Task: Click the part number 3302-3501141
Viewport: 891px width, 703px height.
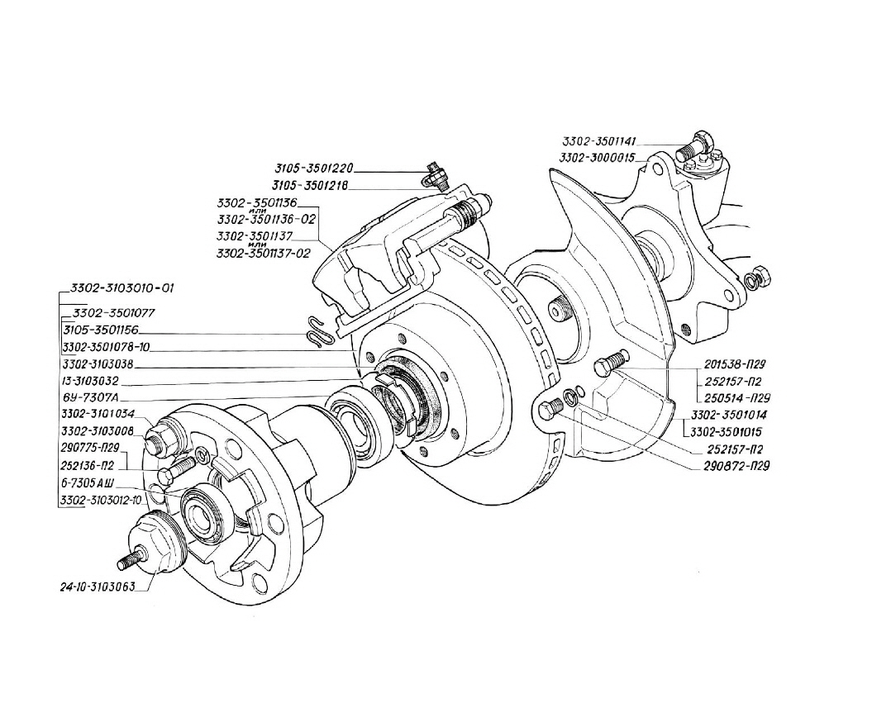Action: click(x=599, y=142)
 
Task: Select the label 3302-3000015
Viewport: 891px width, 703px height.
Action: click(x=597, y=157)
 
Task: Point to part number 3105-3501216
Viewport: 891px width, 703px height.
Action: click(x=310, y=187)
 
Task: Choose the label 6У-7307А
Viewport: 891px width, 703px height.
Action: click(x=90, y=397)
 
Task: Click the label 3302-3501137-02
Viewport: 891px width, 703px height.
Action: click(x=263, y=254)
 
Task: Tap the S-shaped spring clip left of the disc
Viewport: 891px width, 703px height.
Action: click(x=316, y=330)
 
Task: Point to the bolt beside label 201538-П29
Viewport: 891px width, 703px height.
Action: click(x=612, y=363)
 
